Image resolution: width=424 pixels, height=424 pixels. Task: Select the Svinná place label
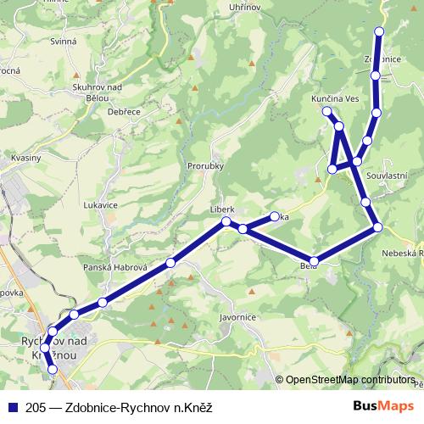64,41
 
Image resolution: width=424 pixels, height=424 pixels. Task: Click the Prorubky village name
206,166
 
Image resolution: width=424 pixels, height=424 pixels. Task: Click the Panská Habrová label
116,268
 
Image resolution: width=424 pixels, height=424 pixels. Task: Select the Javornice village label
237,316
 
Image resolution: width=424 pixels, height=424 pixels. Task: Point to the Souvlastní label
388,175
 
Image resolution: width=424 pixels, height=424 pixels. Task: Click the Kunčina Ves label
336,99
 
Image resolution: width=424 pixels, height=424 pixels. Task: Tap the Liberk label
221,208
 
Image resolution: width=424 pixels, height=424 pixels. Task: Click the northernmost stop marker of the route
379,31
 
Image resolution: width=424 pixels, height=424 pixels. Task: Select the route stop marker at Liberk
226,222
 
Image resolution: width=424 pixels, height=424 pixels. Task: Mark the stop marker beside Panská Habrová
170,263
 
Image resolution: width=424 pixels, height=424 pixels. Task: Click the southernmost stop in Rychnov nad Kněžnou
53,370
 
